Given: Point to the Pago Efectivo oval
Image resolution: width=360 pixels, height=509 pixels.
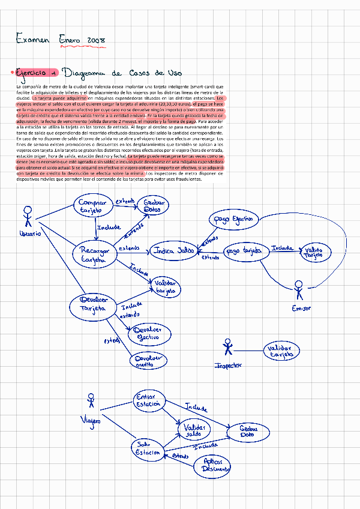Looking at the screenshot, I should pyautogui.click(x=231, y=220).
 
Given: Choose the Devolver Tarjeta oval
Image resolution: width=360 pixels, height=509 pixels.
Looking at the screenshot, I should pyautogui.click(x=93, y=304).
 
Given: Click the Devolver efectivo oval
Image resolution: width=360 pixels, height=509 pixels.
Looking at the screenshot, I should pyautogui.click(x=146, y=333).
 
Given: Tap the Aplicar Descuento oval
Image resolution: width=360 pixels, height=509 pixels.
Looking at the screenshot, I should pyautogui.click(x=213, y=465).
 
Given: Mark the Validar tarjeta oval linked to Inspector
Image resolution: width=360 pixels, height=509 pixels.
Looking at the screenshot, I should pyautogui.click(x=280, y=351).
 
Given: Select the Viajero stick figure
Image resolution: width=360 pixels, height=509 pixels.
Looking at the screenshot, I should pyautogui.click(x=91, y=402).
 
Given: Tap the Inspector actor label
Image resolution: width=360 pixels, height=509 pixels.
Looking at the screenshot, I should pyautogui.click(x=228, y=365).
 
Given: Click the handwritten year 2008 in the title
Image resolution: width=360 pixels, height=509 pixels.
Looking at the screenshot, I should pyautogui.click(x=96, y=40).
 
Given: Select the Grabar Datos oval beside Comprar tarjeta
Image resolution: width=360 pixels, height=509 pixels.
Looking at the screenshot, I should pyautogui.click(x=155, y=205).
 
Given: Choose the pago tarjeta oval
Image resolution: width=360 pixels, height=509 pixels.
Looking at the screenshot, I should pyautogui.click(x=245, y=251).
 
